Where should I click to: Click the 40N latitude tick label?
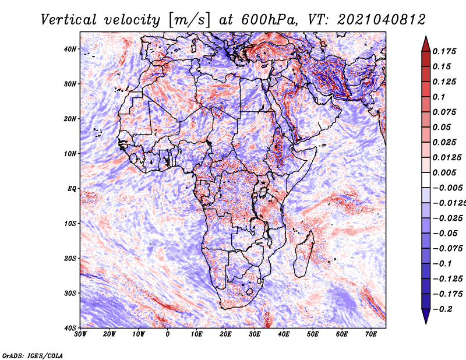click(70, 49)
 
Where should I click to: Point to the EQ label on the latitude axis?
click(72, 189)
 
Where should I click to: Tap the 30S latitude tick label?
click(70, 293)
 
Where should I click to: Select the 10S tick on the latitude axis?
click(70, 223)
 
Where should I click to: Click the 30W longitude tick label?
click(80, 334)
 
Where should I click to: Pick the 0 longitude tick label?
click(168, 334)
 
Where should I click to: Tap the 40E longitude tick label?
click(284, 334)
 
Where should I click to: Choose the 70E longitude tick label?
click(371, 334)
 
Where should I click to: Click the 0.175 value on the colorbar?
click(444, 51)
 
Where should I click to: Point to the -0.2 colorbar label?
click(443, 309)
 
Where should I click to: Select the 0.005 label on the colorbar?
click(444, 172)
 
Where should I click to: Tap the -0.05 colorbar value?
click(446, 233)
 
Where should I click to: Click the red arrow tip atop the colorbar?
click(426, 37)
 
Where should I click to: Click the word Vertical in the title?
click(68, 20)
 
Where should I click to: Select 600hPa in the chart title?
click(269, 20)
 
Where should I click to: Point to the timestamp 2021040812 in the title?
click(382, 20)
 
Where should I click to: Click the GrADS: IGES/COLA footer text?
click(33, 355)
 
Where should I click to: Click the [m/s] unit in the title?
click(189, 20)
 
